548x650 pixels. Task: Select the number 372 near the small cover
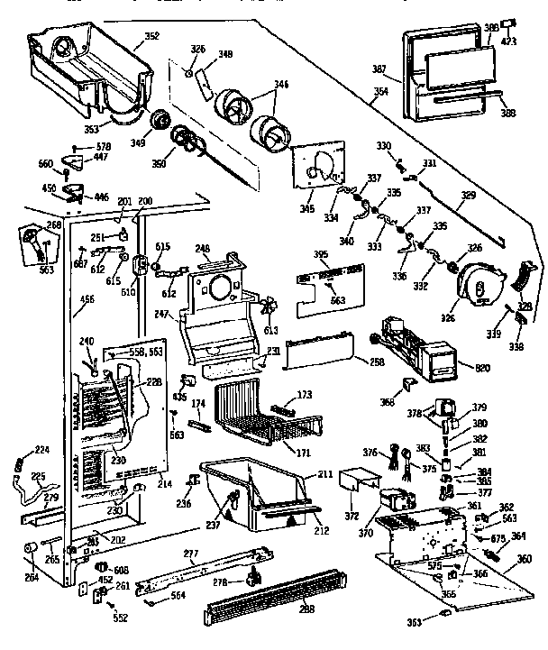pyautogui.click(x=352, y=516)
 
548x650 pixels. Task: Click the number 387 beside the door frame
pyautogui.click(x=379, y=69)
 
